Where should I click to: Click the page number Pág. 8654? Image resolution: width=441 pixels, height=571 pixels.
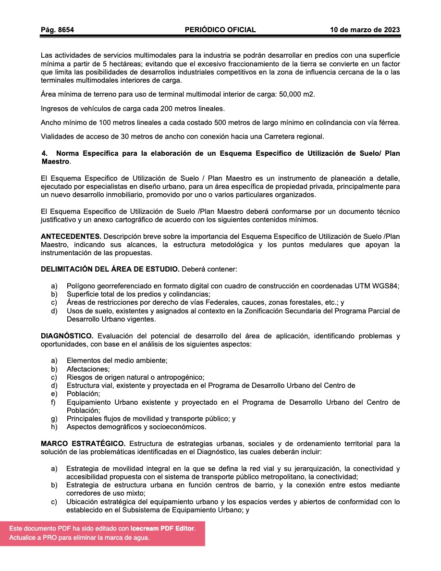coord(57,30)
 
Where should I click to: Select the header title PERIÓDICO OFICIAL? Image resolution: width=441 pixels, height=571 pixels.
coord(220,30)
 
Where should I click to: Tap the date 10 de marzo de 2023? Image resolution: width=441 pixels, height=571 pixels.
coord(365,30)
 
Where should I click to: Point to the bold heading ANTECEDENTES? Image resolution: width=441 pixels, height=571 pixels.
coord(71,237)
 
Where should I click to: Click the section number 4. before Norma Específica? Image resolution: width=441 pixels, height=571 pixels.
coord(45,153)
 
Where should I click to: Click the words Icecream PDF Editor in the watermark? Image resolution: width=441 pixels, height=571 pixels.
coord(162,528)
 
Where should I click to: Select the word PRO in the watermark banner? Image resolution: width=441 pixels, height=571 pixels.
coord(49,538)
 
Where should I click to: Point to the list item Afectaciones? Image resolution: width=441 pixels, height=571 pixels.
coord(88,369)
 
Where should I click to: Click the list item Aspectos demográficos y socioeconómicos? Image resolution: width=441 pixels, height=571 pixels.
coord(136,427)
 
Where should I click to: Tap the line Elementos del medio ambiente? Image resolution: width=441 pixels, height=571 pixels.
coord(117,360)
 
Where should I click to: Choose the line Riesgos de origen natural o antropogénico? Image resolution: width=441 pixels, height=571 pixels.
coord(135,377)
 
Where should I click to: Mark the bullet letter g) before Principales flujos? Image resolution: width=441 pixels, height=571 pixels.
coord(54,419)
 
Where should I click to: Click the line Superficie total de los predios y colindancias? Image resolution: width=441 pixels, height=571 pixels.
coord(138,294)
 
